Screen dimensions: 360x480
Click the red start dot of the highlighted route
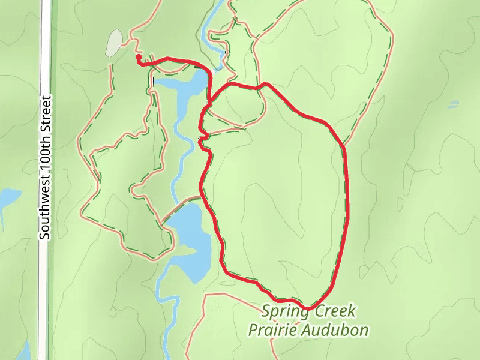coord(139,58)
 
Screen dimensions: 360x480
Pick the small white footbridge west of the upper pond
coord(152,81)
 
